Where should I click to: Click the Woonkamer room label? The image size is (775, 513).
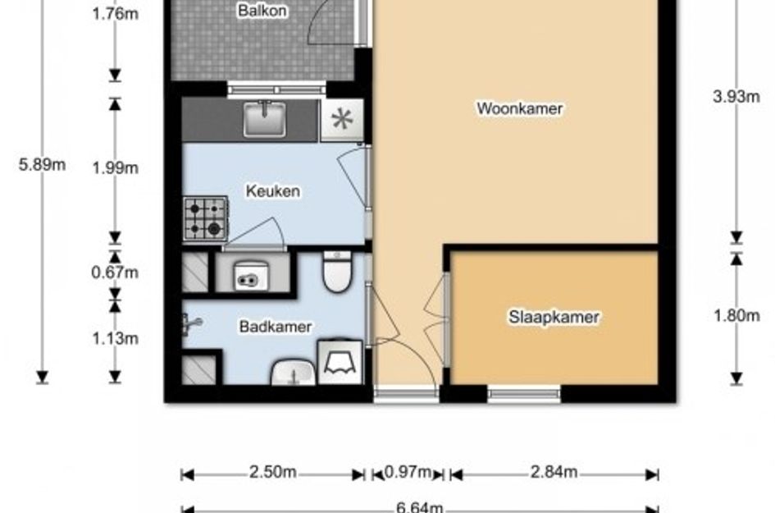[519, 108]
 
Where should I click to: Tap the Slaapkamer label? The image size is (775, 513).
[554, 317]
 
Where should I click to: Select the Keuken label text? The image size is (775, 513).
[273, 191]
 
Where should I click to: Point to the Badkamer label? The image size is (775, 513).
[276, 327]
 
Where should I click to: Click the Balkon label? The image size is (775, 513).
[262, 11]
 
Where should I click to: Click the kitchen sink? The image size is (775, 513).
[264, 119]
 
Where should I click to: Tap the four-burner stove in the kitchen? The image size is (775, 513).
[206, 219]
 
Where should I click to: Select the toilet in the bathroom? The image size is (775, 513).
[337, 272]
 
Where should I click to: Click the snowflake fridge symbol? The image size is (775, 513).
[342, 120]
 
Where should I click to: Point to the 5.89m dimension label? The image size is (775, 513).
[42, 164]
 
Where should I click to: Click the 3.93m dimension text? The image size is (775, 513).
[736, 97]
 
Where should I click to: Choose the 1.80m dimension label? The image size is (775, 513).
[736, 315]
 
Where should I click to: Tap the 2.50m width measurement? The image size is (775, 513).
[273, 472]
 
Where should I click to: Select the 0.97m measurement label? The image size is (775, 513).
[408, 472]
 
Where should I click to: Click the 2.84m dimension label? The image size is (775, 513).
[554, 472]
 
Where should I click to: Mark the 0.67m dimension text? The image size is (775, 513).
[115, 273]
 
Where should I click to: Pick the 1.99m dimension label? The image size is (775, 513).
[115, 168]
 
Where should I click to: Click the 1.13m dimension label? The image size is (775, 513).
[115, 339]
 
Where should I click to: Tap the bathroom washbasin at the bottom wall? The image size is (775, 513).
[293, 373]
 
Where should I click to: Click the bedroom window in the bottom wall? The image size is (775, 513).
[524, 394]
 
